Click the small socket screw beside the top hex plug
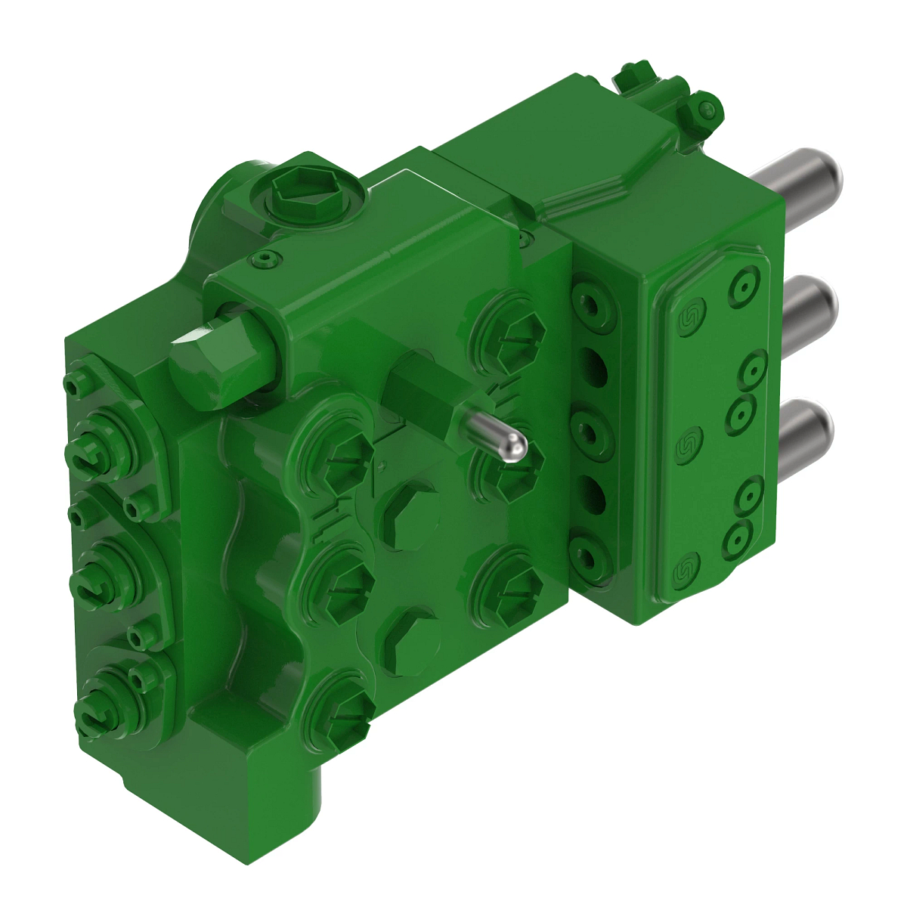(264, 259)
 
